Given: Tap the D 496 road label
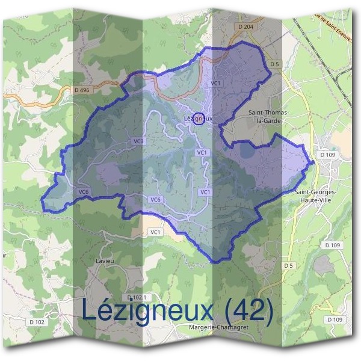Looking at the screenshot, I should click(x=83, y=90).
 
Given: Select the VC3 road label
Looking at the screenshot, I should click(x=139, y=141).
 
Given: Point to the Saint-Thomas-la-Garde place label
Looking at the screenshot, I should click(x=268, y=117).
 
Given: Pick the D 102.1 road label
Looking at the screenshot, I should click(x=138, y=298).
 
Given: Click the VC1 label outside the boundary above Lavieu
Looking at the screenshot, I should click(x=155, y=232).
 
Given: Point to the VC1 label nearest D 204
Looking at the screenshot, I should click(x=216, y=83).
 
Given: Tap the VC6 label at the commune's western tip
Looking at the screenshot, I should click(x=84, y=191).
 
